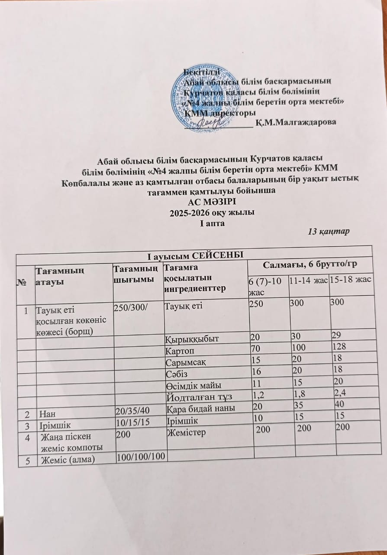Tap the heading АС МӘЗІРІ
point(211,202)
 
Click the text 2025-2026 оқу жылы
point(211,212)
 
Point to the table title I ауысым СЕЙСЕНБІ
point(193,253)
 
